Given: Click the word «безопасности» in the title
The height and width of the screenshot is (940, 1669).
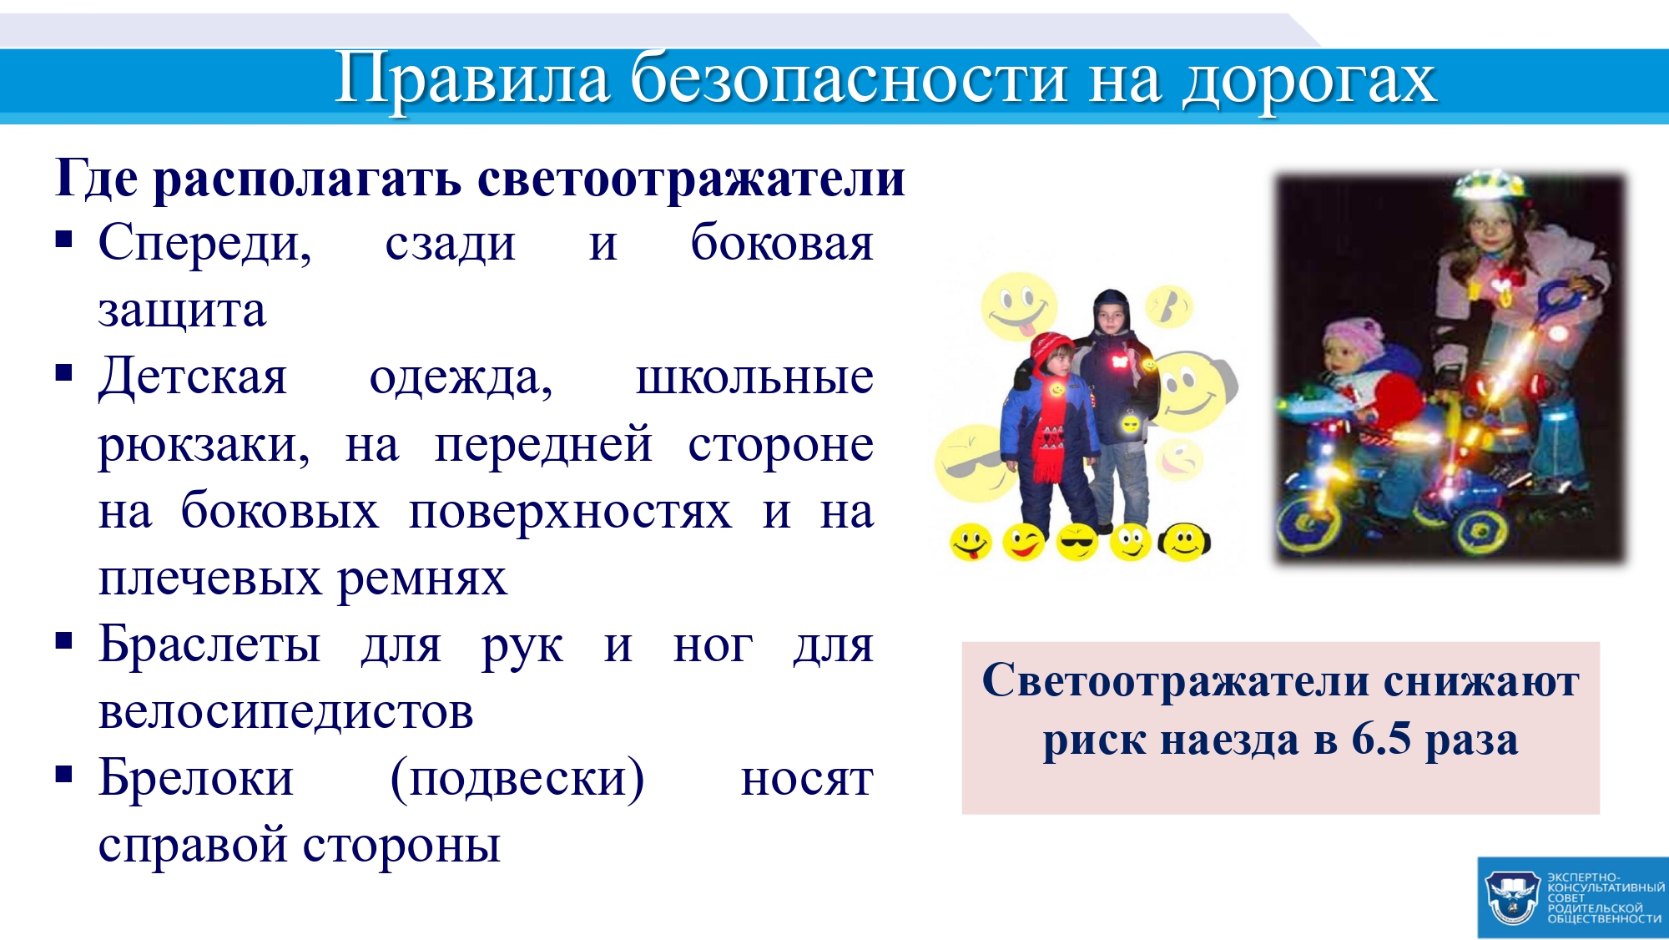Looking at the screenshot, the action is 849,79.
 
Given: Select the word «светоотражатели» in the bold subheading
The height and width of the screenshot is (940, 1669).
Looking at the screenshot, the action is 692,178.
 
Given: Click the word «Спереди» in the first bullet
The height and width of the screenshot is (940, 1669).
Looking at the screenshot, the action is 205,244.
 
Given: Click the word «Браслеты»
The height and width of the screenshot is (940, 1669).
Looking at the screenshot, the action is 209,644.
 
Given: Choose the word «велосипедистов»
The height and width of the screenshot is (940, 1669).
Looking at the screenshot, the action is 286,711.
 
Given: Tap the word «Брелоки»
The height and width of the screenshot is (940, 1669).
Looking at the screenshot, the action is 196,778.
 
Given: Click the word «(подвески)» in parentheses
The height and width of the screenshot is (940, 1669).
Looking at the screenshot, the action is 517,780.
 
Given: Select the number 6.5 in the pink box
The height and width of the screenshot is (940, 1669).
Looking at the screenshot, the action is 1381,739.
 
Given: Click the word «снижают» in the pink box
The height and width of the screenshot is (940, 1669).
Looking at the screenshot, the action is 1481,682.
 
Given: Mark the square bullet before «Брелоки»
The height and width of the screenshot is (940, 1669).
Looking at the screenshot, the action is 64,774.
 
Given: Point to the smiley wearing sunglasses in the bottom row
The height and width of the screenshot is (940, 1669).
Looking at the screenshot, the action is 1077,543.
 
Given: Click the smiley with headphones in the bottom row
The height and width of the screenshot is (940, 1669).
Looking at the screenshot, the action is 1184,543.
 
